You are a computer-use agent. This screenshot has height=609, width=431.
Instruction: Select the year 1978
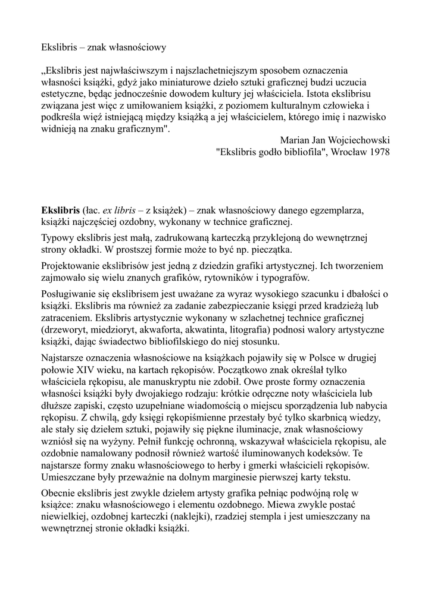(379, 152)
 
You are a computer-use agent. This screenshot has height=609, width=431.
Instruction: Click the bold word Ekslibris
(60, 211)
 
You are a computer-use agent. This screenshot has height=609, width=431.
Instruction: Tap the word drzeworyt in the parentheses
(65, 329)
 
